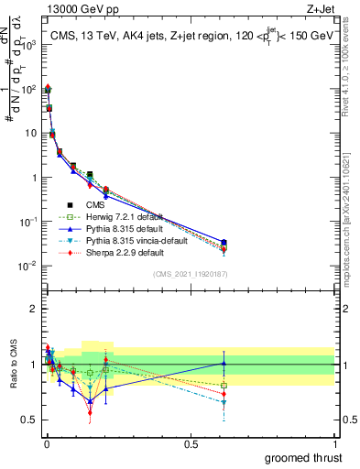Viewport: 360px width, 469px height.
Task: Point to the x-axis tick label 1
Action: point(334,444)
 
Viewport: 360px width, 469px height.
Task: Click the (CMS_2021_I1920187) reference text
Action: point(191,274)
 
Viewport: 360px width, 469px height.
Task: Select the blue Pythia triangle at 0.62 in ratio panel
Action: point(224,364)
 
